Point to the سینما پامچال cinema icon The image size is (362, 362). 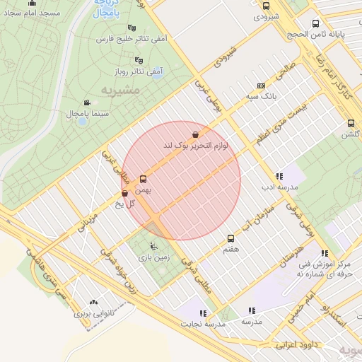pos(87,103)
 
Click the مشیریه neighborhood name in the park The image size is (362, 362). pos(116,90)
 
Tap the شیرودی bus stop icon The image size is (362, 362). pos(266,6)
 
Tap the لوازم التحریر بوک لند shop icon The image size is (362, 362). pos(194,134)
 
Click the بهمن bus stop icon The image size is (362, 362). pos(144,180)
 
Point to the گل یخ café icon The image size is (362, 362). pos(124,192)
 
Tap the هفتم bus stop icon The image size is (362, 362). pos(230,239)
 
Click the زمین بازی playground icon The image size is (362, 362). pos(153,247)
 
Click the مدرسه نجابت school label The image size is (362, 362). pos(205,323)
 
